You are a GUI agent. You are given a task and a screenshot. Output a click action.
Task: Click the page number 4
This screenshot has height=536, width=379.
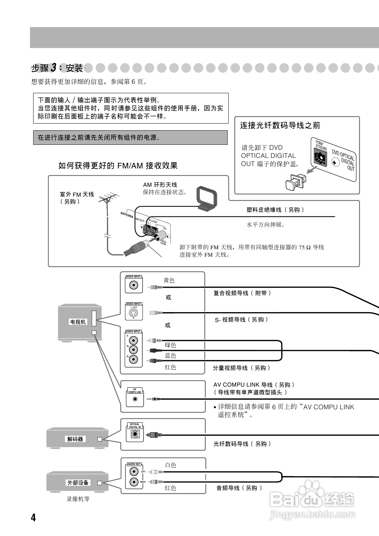[33, 518]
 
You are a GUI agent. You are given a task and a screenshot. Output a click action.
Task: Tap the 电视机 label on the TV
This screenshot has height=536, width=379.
[78, 322]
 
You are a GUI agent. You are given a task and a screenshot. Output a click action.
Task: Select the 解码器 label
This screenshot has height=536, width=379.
[75, 439]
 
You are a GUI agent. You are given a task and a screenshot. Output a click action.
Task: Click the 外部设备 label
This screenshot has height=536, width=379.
[78, 482]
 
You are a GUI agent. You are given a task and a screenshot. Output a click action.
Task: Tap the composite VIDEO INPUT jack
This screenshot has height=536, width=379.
[133, 285]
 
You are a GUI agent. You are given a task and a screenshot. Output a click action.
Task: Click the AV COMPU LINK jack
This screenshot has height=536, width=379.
[135, 399]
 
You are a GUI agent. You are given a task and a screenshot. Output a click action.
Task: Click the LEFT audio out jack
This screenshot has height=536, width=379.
[133, 471]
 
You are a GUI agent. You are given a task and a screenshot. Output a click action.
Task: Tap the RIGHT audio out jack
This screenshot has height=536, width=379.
[133, 482]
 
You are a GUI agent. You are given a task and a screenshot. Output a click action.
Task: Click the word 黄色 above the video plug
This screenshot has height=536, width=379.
[169, 280]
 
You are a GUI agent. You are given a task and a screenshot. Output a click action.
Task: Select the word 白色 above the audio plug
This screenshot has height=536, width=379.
[170, 465]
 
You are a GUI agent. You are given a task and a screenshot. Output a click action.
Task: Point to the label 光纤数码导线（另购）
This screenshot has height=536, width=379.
[242, 444]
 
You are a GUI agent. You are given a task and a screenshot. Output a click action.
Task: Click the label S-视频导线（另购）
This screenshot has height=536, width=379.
[242, 320]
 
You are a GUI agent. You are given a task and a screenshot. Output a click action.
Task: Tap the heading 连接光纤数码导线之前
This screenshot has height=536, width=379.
[280, 125]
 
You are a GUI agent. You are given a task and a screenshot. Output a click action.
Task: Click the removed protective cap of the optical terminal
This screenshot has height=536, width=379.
[293, 182]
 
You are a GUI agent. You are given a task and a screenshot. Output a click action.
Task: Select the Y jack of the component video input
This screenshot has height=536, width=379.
[133, 341]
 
